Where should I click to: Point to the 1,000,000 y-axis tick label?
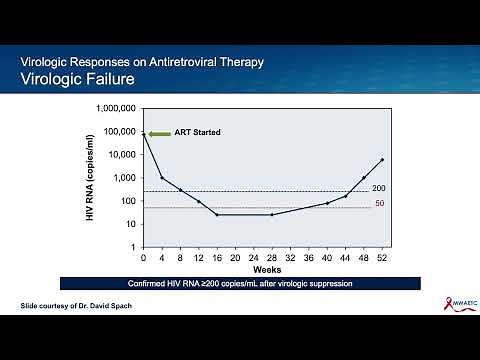pos(115,108)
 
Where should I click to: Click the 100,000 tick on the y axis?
pos(118,131)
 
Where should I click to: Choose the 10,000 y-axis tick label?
pos(121,154)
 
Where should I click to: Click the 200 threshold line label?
pos(378,188)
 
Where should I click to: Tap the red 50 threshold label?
pos(378,204)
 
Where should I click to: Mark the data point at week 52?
pos(382,160)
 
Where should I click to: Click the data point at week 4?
pos(162,178)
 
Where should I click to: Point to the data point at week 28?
pos(272,215)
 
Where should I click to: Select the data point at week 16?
pos(217,215)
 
